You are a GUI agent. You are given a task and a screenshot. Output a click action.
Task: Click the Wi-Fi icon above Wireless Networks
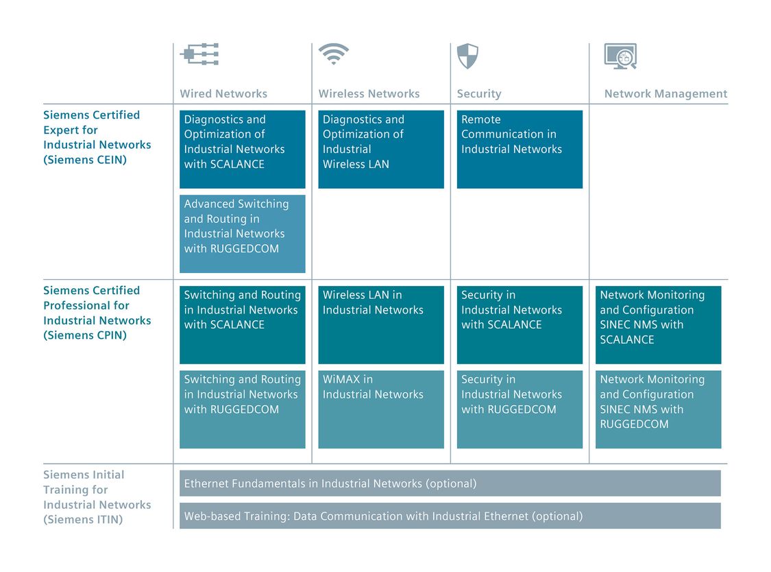click(x=333, y=54)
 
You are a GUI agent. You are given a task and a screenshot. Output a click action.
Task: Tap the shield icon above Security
click(x=467, y=56)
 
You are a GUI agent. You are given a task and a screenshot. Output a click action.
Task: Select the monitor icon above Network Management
click(x=620, y=56)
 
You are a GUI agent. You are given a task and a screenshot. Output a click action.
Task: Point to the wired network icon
click(x=199, y=54)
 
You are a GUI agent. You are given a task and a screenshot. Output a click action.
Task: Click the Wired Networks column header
click(x=223, y=93)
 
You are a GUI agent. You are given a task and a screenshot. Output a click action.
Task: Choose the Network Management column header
click(x=665, y=93)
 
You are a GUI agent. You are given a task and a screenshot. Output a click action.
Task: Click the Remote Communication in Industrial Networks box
click(x=519, y=149)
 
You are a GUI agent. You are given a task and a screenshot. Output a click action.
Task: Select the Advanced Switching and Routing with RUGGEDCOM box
click(x=243, y=234)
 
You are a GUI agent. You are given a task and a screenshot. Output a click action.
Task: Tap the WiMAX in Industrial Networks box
click(x=381, y=409)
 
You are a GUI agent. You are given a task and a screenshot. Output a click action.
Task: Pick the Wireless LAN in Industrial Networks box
click(x=381, y=325)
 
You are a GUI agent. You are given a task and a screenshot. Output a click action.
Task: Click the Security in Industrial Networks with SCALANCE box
click(x=519, y=325)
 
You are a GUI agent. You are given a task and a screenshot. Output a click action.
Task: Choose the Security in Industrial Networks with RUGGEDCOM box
click(x=519, y=409)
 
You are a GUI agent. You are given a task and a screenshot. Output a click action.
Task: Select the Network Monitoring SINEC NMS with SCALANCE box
click(x=659, y=325)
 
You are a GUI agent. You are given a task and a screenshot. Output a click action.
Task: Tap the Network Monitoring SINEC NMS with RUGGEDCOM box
click(x=659, y=409)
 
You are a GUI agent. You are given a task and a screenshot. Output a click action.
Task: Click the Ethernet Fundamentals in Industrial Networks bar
click(x=450, y=484)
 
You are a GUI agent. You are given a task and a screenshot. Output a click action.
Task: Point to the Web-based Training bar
click(x=450, y=516)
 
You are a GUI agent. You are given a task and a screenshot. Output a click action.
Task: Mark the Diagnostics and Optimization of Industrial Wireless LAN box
click(x=381, y=149)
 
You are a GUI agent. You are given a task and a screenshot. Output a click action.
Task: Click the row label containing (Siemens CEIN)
click(x=97, y=137)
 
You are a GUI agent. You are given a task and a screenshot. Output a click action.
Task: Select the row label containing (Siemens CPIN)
click(x=97, y=313)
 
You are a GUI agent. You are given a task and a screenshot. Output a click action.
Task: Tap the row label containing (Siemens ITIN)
click(x=97, y=497)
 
